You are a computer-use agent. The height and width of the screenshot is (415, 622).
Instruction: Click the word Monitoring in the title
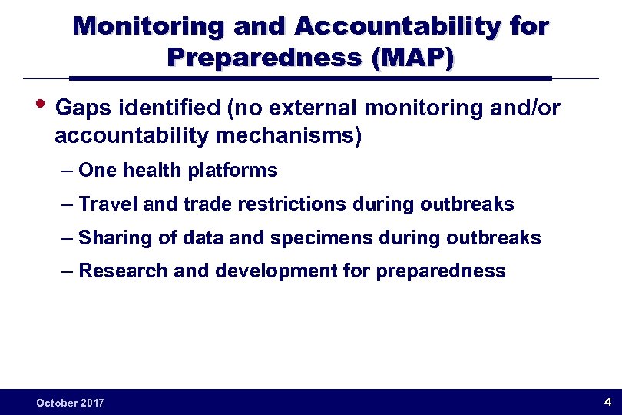click(148, 27)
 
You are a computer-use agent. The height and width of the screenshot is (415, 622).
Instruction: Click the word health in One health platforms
click(146, 171)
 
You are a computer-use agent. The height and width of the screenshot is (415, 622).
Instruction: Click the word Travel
click(107, 204)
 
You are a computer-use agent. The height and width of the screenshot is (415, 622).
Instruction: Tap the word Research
click(117, 271)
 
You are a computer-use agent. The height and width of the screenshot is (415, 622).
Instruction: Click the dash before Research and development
click(68, 271)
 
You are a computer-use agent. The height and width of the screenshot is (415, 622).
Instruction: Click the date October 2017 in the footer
click(70, 403)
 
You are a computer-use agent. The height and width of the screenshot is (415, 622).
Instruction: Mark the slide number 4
click(607, 402)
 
